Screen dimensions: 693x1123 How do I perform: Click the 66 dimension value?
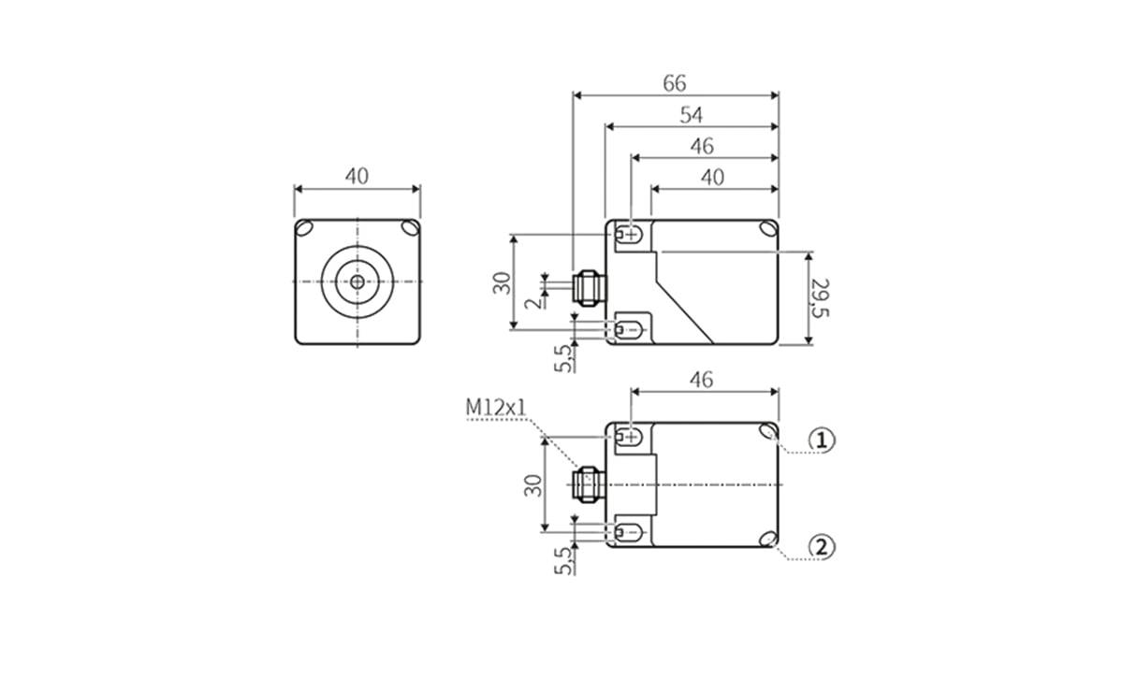click(x=675, y=83)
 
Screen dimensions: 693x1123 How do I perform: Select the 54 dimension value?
click(x=692, y=115)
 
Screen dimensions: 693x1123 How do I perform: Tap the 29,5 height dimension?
click(x=821, y=297)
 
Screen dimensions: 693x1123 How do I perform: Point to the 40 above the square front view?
click(x=357, y=176)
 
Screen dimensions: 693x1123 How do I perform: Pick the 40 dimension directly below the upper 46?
click(x=713, y=178)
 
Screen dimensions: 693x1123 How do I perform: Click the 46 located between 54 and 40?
click(x=701, y=147)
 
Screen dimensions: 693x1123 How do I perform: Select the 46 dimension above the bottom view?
click(x=701, y=380)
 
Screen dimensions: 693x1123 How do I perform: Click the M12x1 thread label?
click(x=496, y=408)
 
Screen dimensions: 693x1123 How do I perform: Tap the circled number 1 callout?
click(x=821, y=440)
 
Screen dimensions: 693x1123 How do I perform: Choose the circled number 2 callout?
click(x=821, y=547)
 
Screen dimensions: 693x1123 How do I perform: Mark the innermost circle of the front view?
click(x=357, y=281)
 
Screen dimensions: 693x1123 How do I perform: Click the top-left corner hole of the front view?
click(x=305, y=229)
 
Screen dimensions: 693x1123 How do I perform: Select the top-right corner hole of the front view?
click(x=410, y=229)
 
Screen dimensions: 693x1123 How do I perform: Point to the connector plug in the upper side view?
click(x=588, y=288)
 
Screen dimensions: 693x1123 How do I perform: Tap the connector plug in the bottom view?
click(x=587, y=484)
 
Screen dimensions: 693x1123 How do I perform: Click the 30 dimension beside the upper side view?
click(x=503, y=282)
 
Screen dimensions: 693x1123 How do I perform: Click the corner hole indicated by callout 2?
click(x=767, y=539)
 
